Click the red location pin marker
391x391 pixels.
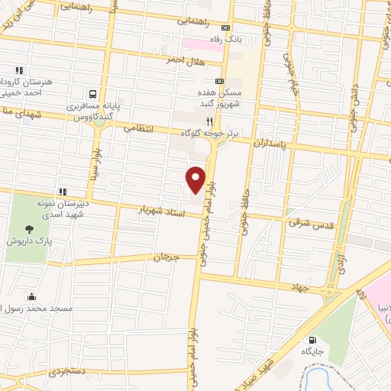click(196, 179)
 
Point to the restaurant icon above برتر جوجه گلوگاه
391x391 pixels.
click(206, 121)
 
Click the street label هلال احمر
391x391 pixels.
click(188, 59)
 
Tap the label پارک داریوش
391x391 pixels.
click(24, 241)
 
